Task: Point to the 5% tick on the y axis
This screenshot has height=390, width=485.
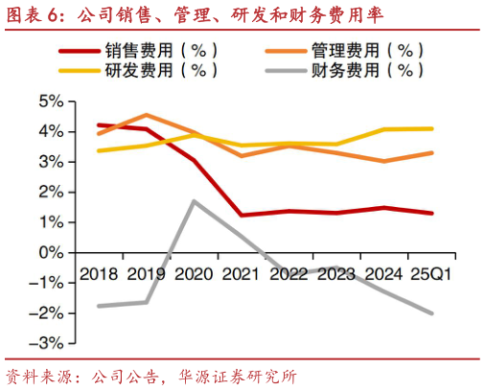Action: (50, 101)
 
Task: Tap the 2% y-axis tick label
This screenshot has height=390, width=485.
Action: (50, 192)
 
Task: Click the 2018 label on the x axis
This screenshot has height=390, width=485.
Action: (101, 274)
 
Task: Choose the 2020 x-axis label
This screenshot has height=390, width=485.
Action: (195, 274)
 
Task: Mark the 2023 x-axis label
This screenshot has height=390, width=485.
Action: (335, 274)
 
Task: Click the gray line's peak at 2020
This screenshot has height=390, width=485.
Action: (195, 201)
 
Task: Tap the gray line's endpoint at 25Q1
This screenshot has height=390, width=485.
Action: (431, 313)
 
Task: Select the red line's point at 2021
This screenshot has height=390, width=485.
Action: (242, 215)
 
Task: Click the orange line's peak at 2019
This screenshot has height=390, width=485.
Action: (147, 114)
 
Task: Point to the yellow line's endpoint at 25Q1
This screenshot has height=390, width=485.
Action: (431, 128)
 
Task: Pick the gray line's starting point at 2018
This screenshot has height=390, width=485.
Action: (100, 306)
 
